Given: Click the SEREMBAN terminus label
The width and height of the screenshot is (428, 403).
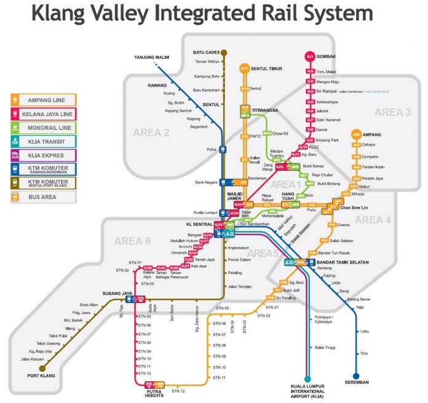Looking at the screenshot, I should coord(356,386).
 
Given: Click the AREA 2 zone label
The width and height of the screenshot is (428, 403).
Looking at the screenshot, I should coord(151,132).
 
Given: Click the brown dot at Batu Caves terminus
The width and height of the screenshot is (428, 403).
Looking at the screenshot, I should coord(224,53).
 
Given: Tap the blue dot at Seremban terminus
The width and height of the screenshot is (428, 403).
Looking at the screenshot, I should coord(356,376).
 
